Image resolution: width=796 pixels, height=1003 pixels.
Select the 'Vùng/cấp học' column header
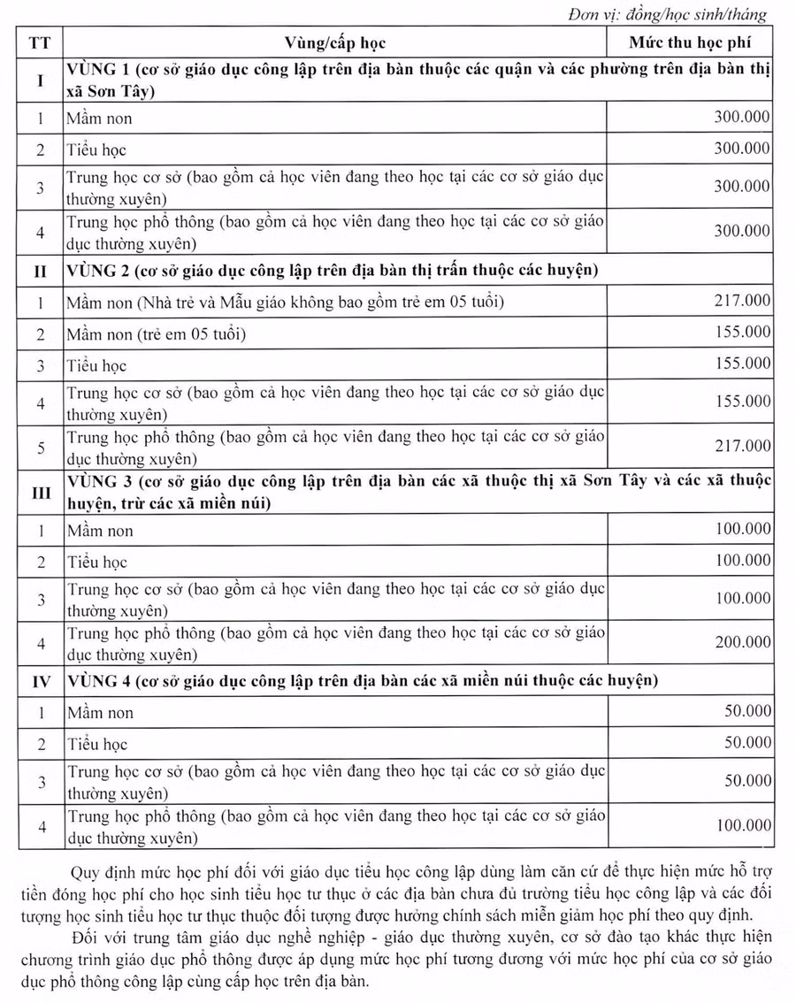click(x=335, y=42)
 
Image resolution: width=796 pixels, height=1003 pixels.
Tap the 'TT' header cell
click(x=40, y=42)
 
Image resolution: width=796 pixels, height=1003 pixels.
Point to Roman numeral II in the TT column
click(x=40, y=272)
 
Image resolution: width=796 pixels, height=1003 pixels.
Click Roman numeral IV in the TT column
click(x=40, y=682)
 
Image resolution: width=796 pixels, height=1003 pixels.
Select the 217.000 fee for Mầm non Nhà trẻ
click(x=741, y=301)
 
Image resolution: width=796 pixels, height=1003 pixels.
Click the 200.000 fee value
click(x=741, y=642)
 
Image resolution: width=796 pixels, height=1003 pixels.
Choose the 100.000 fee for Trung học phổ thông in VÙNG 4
click(x=741, y=825)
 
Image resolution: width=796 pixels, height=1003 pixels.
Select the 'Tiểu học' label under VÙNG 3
click(x=97, y=562)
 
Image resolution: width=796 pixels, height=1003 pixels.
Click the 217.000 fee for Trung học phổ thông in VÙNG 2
click(x=741, y=446)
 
